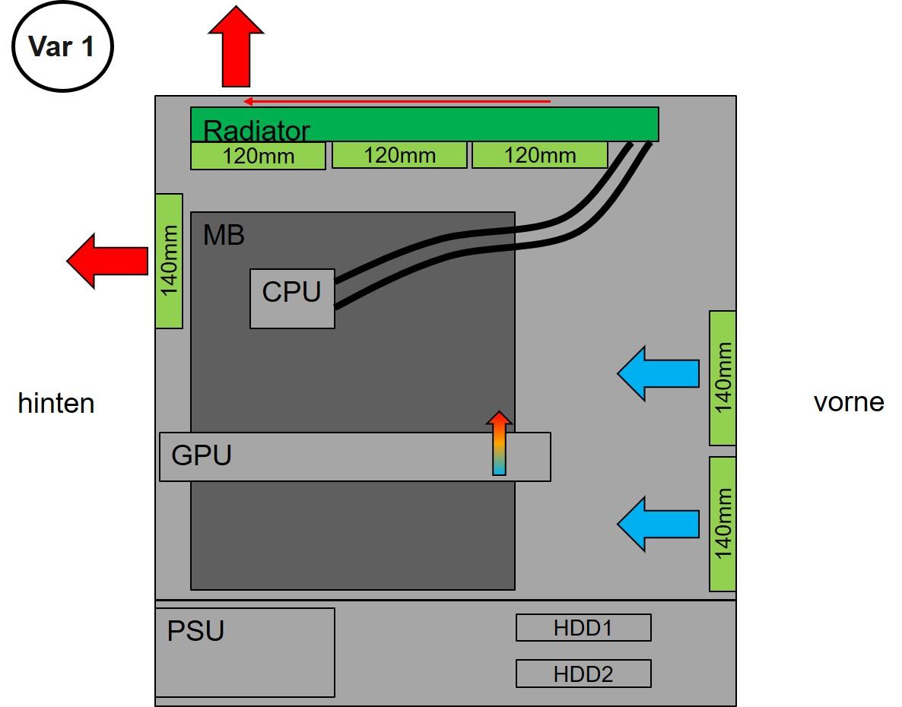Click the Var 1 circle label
click(62, 47)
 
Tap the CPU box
click(292, 298)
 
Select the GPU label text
click(202, 455)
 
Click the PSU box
click(245, 652)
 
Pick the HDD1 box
click(583, 628)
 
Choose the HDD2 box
click(583, 674)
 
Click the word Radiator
click(256, 132)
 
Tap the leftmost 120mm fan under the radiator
click(258, 156)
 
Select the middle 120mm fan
click(399, 155)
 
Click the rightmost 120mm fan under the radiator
click(540, 155)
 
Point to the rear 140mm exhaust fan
click(169, 261)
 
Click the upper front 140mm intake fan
click(723, 378)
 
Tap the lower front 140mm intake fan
click(723, 524)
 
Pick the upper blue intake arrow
click(657, 373)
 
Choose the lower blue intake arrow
click(657, 523)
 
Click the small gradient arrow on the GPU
click(499, 444)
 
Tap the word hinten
click(56, 403)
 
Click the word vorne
click(849, 401)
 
